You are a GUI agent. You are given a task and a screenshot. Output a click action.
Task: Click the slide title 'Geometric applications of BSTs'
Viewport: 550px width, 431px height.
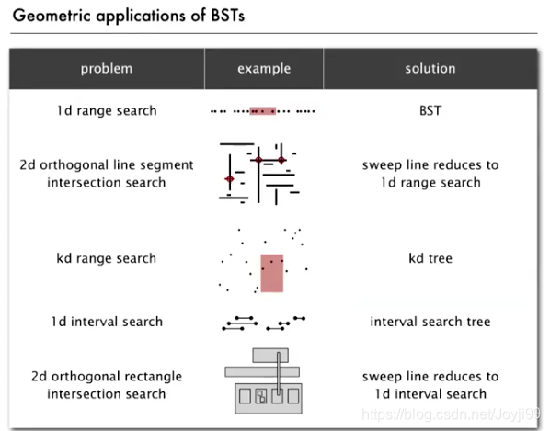point(129,17)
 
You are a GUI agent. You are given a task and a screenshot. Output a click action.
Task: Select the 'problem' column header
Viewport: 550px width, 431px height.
point(107,69)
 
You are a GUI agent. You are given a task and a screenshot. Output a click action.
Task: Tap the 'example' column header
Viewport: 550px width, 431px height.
point(264,69)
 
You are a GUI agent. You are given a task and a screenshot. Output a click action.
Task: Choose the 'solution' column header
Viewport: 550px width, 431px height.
point(430,69)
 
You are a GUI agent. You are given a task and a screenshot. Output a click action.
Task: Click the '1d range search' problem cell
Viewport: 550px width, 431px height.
point(107,110)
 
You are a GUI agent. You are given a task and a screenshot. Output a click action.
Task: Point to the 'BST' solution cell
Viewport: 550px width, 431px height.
point(430,110)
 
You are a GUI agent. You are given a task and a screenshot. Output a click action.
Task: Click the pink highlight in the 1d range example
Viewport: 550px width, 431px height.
point(263,111)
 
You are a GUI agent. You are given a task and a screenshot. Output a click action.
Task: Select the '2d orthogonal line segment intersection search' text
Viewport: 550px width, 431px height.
point(107,174)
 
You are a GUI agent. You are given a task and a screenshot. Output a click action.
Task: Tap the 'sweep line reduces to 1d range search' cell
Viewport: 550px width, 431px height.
point(430,174)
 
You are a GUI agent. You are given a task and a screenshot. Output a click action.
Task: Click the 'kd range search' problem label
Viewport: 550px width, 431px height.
point(107,258)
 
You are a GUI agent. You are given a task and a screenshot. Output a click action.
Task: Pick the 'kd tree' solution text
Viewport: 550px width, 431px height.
point(430,258)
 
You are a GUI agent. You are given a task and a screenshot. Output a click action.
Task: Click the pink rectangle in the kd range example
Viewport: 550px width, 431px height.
point(272,273)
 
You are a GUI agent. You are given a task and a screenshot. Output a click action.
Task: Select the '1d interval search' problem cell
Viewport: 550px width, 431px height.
point(107,322)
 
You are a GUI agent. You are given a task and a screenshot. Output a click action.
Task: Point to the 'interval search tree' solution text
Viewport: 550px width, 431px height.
point(430,322)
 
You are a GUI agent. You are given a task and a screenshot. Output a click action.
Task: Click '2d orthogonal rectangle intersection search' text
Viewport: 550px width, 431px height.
point(107,385)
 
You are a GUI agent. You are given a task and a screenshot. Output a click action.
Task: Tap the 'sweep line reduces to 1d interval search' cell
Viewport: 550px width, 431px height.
point(430,385)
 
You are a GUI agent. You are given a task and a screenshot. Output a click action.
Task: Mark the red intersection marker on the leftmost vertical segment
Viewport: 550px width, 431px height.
point(229,179)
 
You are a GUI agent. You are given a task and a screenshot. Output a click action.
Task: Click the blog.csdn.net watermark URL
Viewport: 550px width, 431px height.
point(451,414)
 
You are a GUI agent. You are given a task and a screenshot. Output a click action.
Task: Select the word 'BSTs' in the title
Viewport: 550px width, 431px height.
point(228,16)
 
